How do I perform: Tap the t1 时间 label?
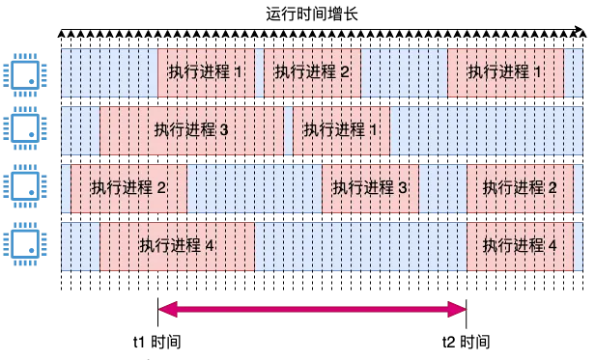156,343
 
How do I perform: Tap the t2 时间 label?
467,343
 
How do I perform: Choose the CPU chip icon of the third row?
20,186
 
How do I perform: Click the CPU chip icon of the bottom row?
20,244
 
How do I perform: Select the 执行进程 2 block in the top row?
312,72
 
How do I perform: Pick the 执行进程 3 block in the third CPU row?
370,188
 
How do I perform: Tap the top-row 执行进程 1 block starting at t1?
206,72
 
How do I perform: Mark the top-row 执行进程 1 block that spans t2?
505,72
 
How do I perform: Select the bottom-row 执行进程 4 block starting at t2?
520,246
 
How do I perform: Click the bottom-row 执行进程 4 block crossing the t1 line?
177,246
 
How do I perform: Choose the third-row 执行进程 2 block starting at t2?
520,188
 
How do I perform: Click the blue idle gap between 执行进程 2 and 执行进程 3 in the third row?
254,188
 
